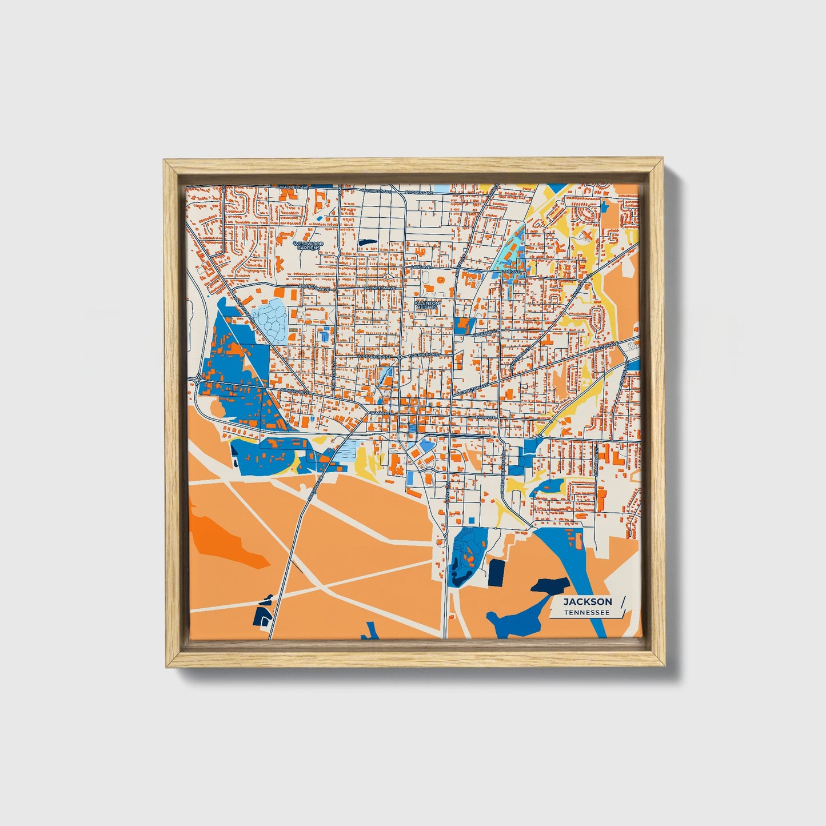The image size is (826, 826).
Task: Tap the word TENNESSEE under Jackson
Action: click(586, 613)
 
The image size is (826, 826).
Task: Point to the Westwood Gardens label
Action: click(308, 245)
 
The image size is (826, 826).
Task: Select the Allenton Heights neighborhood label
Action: click(427, 305)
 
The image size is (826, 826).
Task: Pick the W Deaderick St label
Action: click(375, 356)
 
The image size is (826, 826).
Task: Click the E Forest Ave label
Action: click(420, 193)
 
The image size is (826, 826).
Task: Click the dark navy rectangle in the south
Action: click(496, 573)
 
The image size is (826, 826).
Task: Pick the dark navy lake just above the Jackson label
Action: click(550, 585)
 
